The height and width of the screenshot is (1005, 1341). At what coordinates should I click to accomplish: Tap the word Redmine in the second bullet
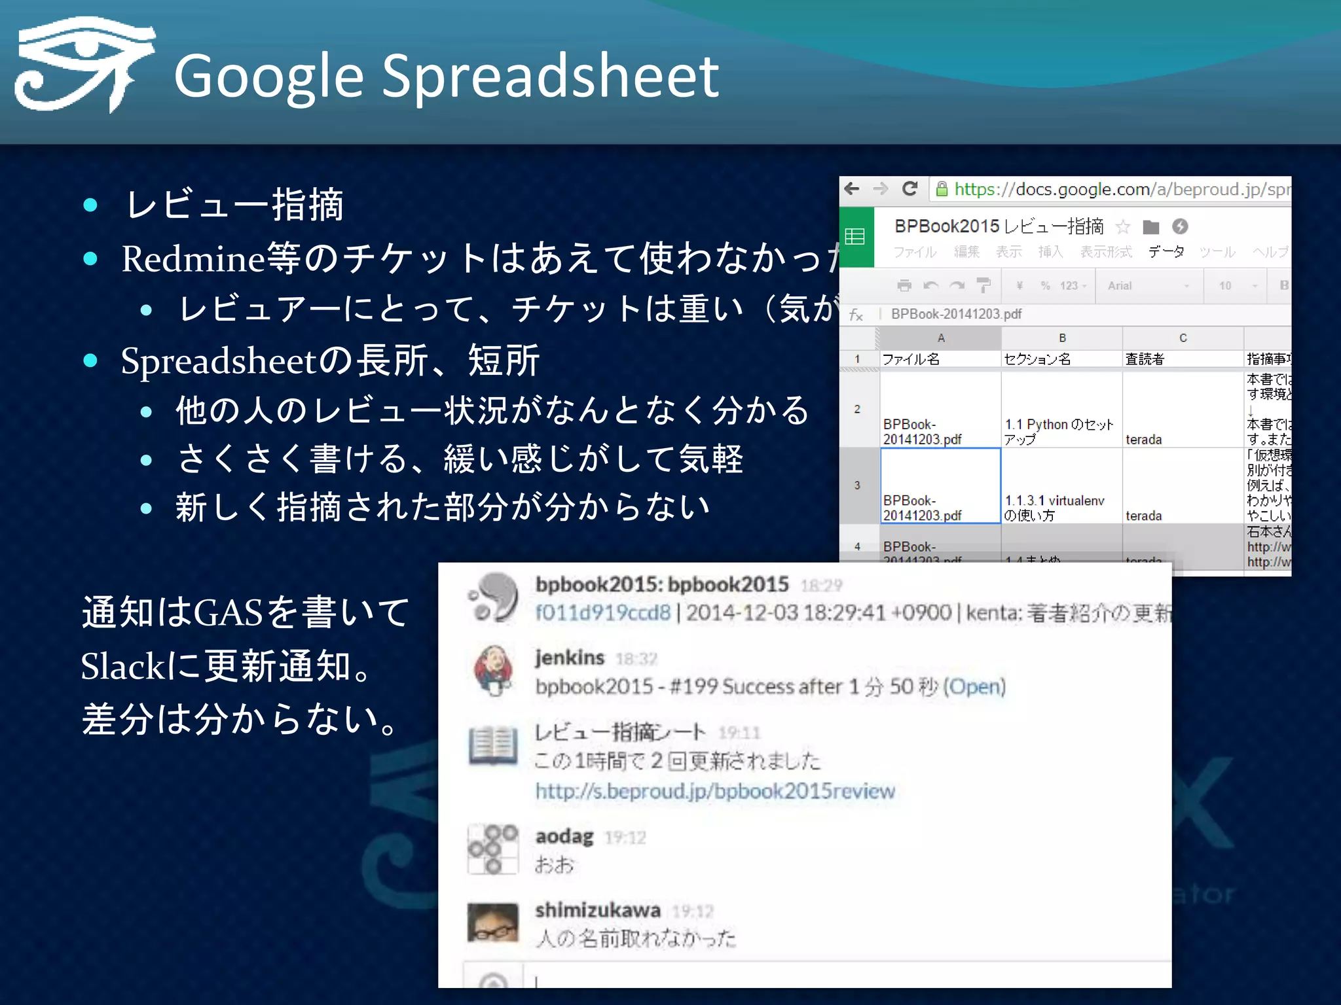193,258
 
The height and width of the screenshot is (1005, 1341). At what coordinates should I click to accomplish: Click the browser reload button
909,189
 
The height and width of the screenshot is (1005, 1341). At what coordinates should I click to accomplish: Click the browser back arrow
852,189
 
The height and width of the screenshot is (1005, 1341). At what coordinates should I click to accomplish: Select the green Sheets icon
856,237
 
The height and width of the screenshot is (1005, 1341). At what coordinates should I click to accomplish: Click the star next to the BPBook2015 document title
1123,227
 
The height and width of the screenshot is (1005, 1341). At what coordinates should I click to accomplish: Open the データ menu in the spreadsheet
1166,252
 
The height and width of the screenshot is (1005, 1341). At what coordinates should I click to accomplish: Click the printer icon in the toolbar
904,285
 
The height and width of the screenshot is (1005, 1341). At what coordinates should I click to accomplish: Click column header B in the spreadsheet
1062,338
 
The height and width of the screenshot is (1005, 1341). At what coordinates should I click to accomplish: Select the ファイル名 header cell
940,359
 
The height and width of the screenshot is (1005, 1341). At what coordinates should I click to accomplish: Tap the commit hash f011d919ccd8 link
602,613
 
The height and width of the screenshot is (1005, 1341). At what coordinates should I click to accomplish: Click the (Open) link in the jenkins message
975,686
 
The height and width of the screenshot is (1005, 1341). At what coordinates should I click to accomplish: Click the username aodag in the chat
564,837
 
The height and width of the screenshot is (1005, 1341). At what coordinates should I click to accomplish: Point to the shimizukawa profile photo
493,922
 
